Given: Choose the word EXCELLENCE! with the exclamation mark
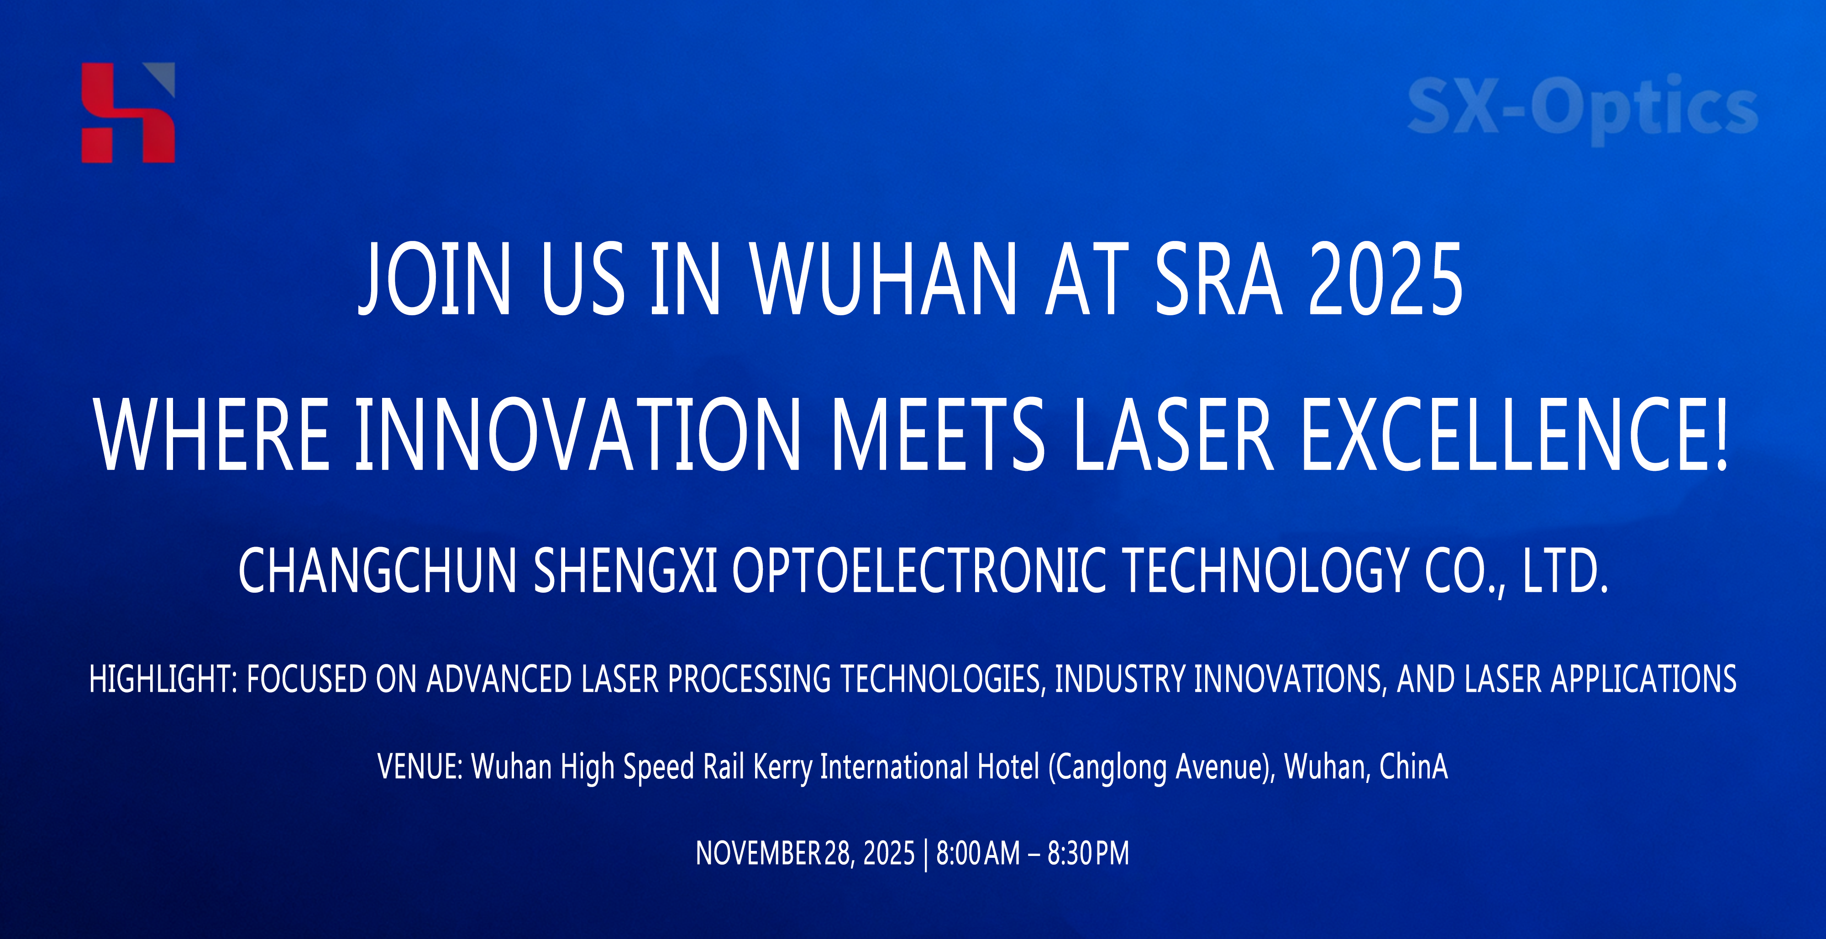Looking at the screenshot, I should pos(1515,434).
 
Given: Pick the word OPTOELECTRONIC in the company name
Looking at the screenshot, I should pos(918,571).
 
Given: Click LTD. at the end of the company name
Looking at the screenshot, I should pos(1565,571).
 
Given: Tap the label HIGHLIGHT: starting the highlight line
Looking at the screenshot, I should pos(163,679).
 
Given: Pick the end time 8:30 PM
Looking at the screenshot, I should pos(1088,853).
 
